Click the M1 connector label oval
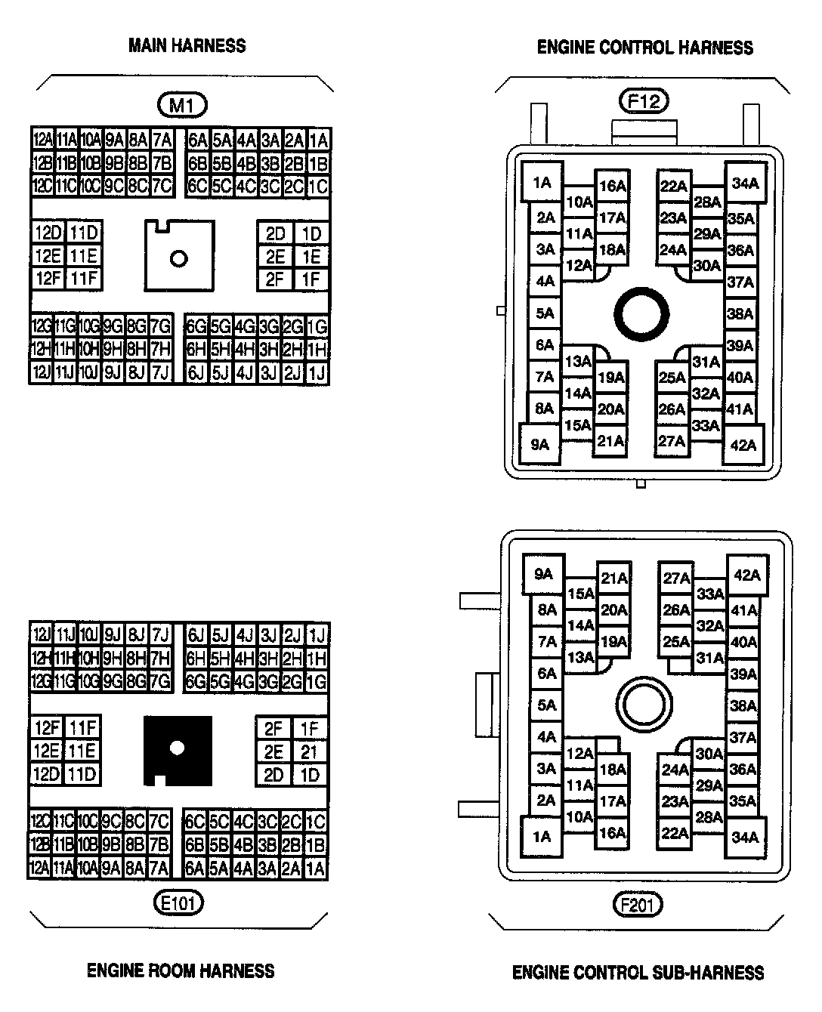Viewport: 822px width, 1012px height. click(181, 106)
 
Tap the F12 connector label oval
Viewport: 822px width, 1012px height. click(644, 100)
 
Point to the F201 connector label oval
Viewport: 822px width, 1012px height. click(639, 904)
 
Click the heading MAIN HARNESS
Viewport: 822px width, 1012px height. click(187, 46)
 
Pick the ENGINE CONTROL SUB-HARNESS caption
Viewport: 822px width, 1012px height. click(638, 972)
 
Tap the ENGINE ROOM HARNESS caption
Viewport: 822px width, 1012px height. click(181, 970)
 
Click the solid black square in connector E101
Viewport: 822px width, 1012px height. click(178, 750)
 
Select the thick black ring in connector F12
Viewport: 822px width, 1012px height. click(641, 312)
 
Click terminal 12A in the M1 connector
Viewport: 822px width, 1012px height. click(42, 140)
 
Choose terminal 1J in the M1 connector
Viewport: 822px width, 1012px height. click(317, 372)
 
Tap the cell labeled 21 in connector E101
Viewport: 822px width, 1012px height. click(310, 752)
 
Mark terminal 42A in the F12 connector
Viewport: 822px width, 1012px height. click(744, 445)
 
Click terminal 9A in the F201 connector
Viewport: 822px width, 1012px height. click(543, 575)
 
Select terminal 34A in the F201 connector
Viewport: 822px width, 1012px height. click(744, 837)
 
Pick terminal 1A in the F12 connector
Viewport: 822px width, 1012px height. click(542, 183)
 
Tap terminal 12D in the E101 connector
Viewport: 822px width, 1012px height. click(47, 775)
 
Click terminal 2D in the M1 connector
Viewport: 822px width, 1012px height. click(275, 234)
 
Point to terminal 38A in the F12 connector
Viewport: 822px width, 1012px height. click(740, 313)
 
